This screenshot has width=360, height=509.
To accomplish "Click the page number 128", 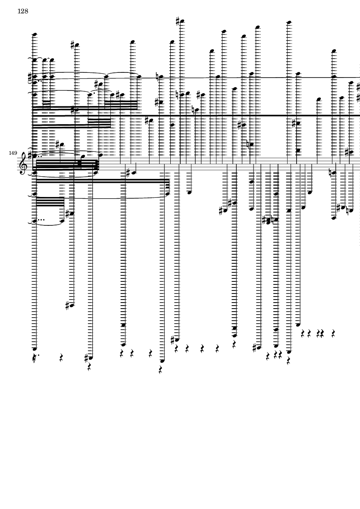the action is tap(23, 11).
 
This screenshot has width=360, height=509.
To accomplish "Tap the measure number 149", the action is tap(13, 153).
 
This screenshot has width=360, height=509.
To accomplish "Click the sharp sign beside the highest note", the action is tap(178, 21).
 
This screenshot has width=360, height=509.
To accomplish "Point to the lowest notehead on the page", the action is tap(162, 361).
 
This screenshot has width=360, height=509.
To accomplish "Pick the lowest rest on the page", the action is tap(160, 370).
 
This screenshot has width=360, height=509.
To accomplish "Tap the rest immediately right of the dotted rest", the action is tap(61, 358).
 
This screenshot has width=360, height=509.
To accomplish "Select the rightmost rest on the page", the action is tap(333, 334).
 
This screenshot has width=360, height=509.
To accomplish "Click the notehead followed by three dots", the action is tap(34, 221).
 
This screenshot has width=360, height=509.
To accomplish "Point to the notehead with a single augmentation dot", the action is tap(91, 95).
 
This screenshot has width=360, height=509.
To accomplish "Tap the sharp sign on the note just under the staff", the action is tap(128, 173).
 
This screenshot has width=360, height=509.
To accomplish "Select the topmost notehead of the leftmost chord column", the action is tap(34, 34).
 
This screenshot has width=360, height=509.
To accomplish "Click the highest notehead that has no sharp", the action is tap(289, 22).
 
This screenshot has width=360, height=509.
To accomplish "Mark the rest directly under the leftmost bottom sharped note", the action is tap(89, 367).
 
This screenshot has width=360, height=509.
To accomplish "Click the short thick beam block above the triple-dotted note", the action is tap(50, 202).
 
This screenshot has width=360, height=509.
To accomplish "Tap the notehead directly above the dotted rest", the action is tap(34, 349).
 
